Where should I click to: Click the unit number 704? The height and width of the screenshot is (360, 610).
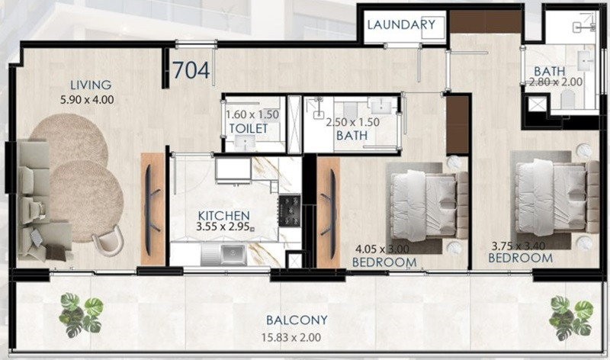191,70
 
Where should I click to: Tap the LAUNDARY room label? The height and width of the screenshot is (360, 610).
401,24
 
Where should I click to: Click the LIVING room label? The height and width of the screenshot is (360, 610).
91,85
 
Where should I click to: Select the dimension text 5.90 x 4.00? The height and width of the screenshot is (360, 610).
87,100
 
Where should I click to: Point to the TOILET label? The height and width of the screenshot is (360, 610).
249,128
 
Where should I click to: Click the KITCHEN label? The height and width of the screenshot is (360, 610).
223,215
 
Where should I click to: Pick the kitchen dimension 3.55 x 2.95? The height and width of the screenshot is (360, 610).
223,227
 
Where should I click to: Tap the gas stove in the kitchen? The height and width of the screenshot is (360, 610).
290,211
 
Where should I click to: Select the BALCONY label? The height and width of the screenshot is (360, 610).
297,320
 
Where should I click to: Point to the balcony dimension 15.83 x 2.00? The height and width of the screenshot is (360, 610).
291,337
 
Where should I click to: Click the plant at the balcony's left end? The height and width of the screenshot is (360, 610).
81,315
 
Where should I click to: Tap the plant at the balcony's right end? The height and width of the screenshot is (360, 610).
570,317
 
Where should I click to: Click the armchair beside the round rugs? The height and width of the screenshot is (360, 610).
108,240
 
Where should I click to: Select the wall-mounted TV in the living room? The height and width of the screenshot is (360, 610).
151,210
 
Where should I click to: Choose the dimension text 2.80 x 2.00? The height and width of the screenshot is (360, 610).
557,82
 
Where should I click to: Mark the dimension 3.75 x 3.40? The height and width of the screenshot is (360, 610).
518,246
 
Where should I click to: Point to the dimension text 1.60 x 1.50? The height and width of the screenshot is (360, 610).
252,115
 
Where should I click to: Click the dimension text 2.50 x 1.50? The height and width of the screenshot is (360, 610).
352,122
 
